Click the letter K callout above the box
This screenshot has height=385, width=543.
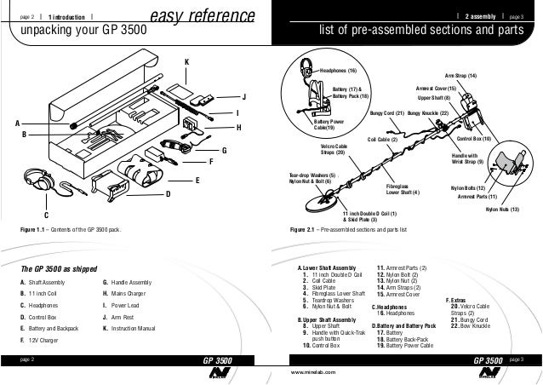[186, 62]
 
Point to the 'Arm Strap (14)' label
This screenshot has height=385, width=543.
[460, 76]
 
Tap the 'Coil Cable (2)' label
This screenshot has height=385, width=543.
[382, 138]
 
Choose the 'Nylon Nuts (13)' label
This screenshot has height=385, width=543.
[502, 209]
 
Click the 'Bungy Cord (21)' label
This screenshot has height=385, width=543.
[386, 112]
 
